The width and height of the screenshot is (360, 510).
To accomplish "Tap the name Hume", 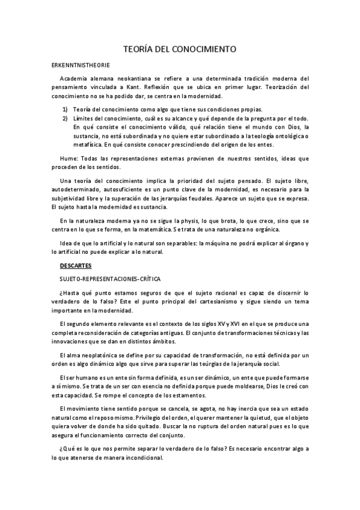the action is tap(69, 158).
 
